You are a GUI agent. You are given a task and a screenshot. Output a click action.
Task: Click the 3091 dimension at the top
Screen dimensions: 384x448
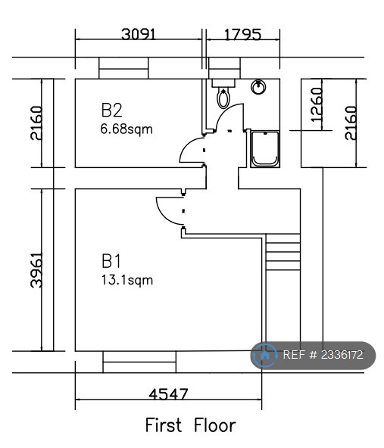[139, 34]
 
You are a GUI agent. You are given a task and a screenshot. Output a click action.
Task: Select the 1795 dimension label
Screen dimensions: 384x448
[242, 35]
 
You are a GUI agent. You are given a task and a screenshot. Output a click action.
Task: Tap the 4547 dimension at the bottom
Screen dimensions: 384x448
[168, 394]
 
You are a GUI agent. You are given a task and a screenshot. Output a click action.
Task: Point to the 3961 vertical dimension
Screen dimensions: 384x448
[36, 270]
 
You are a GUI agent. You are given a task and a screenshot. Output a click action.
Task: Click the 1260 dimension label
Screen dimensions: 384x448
[317, 104]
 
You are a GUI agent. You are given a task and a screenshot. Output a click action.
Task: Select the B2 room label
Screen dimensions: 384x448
[111, 110]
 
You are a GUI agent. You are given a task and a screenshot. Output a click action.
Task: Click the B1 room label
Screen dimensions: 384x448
[111, 261]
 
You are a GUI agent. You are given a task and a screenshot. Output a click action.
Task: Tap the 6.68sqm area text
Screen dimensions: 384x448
[126, 129]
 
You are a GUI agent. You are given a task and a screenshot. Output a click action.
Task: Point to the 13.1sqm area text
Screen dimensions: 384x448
[127, 280]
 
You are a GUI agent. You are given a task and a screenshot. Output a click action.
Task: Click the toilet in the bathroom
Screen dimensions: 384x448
[223, 94]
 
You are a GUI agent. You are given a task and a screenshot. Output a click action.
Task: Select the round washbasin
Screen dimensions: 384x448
[258, 86]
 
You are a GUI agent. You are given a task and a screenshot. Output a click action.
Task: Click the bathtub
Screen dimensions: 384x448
[265, 149]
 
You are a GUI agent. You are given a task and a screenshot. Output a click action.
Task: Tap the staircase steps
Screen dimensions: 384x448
[283, 252]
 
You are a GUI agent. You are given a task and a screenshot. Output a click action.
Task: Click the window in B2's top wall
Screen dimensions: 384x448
[123, 68]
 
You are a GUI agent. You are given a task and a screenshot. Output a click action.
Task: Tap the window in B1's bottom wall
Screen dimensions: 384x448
[139, 362]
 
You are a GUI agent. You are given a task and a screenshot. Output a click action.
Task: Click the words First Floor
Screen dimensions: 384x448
[191, 425]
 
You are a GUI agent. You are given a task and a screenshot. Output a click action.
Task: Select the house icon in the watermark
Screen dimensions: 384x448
[265, 356]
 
